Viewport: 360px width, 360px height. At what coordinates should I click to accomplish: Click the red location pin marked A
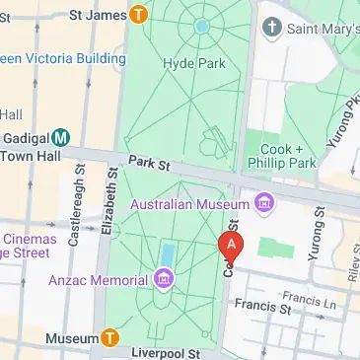click(230, 245)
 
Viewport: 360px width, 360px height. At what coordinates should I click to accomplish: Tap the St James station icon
click(139, 15)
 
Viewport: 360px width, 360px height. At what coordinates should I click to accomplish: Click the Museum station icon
click(111, 339)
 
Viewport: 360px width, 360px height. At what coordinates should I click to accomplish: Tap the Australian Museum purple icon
click(263, 204)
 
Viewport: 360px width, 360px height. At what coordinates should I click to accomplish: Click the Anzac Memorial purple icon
click(163, 281)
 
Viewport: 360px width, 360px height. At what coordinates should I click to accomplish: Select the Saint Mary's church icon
click(273, 29)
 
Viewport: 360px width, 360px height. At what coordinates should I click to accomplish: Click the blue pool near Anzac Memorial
click(167, 255)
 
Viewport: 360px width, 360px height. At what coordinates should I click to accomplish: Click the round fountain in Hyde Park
click(202, 26)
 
